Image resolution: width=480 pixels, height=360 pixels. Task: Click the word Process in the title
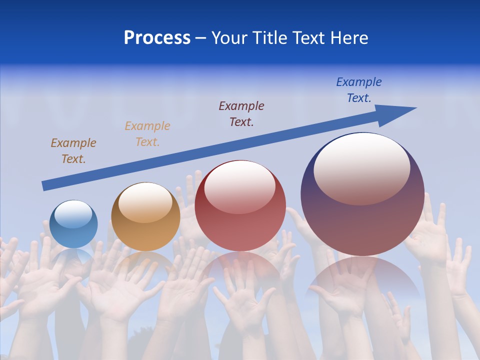click(157, 38)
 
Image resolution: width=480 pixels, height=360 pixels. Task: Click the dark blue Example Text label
click(359, 90)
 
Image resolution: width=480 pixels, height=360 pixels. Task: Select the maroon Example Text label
click(241, 113)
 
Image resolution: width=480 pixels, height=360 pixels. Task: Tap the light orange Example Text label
click(147, 133)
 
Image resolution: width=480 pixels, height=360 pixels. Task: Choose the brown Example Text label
click(73, 150)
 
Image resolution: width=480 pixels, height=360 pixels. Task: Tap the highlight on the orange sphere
click(145, 202)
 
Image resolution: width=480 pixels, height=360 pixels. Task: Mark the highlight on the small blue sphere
click(73, 214)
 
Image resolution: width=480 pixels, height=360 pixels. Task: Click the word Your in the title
click(230, 38)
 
